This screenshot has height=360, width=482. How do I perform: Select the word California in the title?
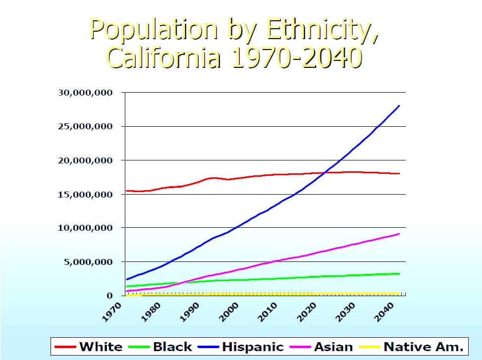[163, 58]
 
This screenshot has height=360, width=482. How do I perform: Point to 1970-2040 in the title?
[296, 58]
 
